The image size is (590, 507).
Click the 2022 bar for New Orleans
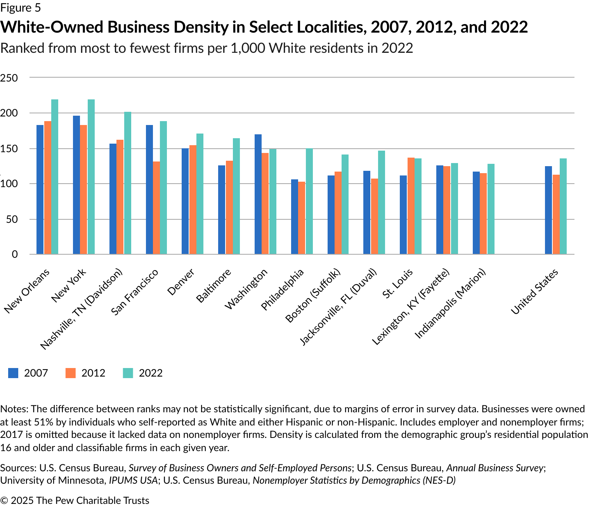point(55,177)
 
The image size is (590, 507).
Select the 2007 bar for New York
point(76,185)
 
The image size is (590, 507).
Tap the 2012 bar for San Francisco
point(156,208)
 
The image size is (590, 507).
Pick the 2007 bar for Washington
point(258,194)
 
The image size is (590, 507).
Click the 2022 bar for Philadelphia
point(309,201)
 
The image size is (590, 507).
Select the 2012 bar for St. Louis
point(411,206)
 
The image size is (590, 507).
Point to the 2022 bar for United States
point(563,206)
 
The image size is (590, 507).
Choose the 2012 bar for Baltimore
point(229,207)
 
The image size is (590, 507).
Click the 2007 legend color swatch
point(13,373)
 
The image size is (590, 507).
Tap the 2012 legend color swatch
point(71,373)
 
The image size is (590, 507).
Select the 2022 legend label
point(151,373)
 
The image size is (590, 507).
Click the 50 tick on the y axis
point(12,219)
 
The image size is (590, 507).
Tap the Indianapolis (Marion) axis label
point(450,304)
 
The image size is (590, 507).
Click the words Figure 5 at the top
point(21,8)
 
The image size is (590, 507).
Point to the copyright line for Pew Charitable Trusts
point(75,500)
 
